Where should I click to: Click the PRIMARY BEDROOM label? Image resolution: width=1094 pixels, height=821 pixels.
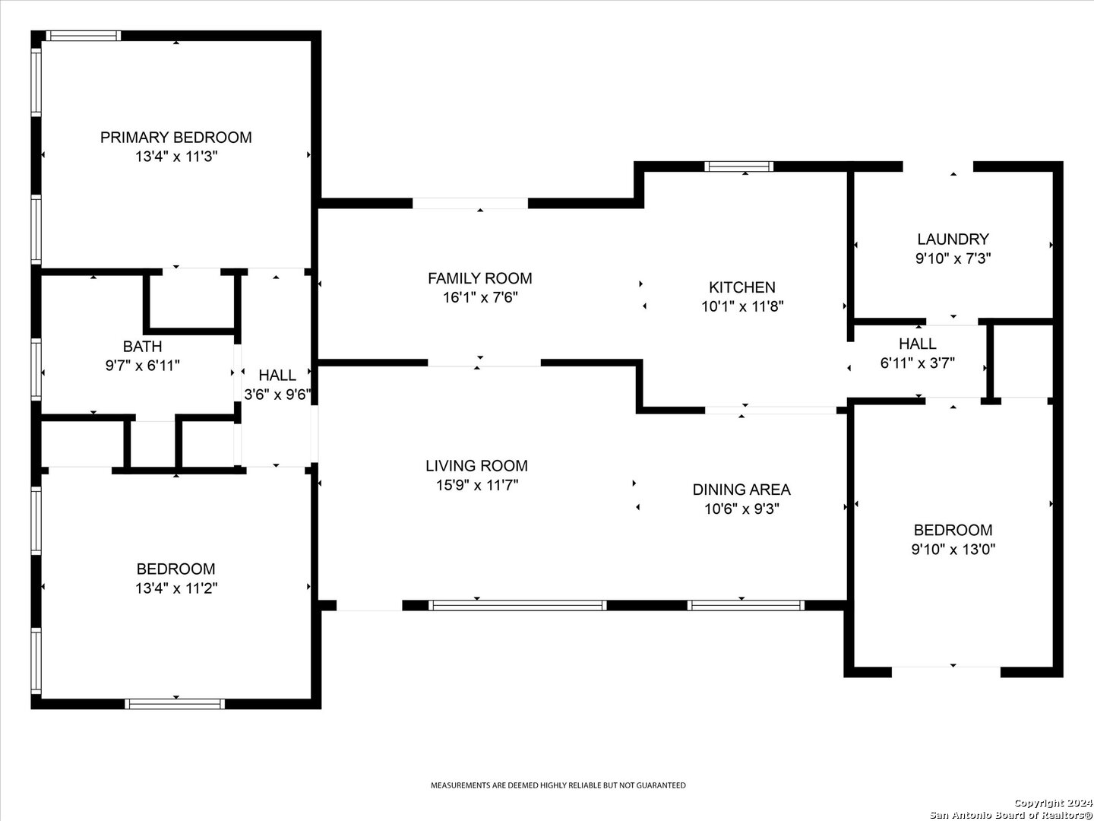(176, 137)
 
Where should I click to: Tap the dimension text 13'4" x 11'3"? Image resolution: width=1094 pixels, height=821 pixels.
(176, 157)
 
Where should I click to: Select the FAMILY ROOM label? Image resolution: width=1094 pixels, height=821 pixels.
(480, 278)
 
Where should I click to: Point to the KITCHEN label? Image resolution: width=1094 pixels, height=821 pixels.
(742, 287)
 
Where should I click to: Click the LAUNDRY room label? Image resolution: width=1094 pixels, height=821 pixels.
(953, 239)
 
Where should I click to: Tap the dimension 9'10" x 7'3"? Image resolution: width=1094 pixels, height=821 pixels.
(953, 258)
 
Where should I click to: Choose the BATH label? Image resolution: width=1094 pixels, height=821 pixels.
(143, 346)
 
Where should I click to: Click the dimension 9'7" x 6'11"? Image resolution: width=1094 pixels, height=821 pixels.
(143, 366)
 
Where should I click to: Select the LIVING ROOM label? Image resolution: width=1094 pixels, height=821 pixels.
(476, 465)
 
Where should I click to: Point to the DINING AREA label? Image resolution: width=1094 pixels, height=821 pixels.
(741, 490)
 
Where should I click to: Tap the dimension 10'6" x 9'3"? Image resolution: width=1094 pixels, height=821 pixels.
(741, 509)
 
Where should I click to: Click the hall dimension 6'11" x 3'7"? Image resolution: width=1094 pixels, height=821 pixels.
(918, 363)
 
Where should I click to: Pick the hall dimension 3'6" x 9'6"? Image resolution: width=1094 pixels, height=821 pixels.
(277, 395)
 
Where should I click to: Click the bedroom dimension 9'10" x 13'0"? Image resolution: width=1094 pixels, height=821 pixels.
(953, 550)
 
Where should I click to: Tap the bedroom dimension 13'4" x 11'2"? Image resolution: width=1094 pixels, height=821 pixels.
(176, 588)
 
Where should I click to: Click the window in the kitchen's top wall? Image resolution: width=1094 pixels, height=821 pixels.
(738, 166)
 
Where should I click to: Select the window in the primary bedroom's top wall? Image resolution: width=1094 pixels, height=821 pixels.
(84, 36)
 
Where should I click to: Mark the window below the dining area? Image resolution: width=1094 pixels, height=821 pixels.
(745, 605)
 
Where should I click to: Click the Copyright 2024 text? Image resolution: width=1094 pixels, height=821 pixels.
(1053, 803)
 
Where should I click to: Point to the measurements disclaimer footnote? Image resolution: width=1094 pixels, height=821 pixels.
(558, 785)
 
